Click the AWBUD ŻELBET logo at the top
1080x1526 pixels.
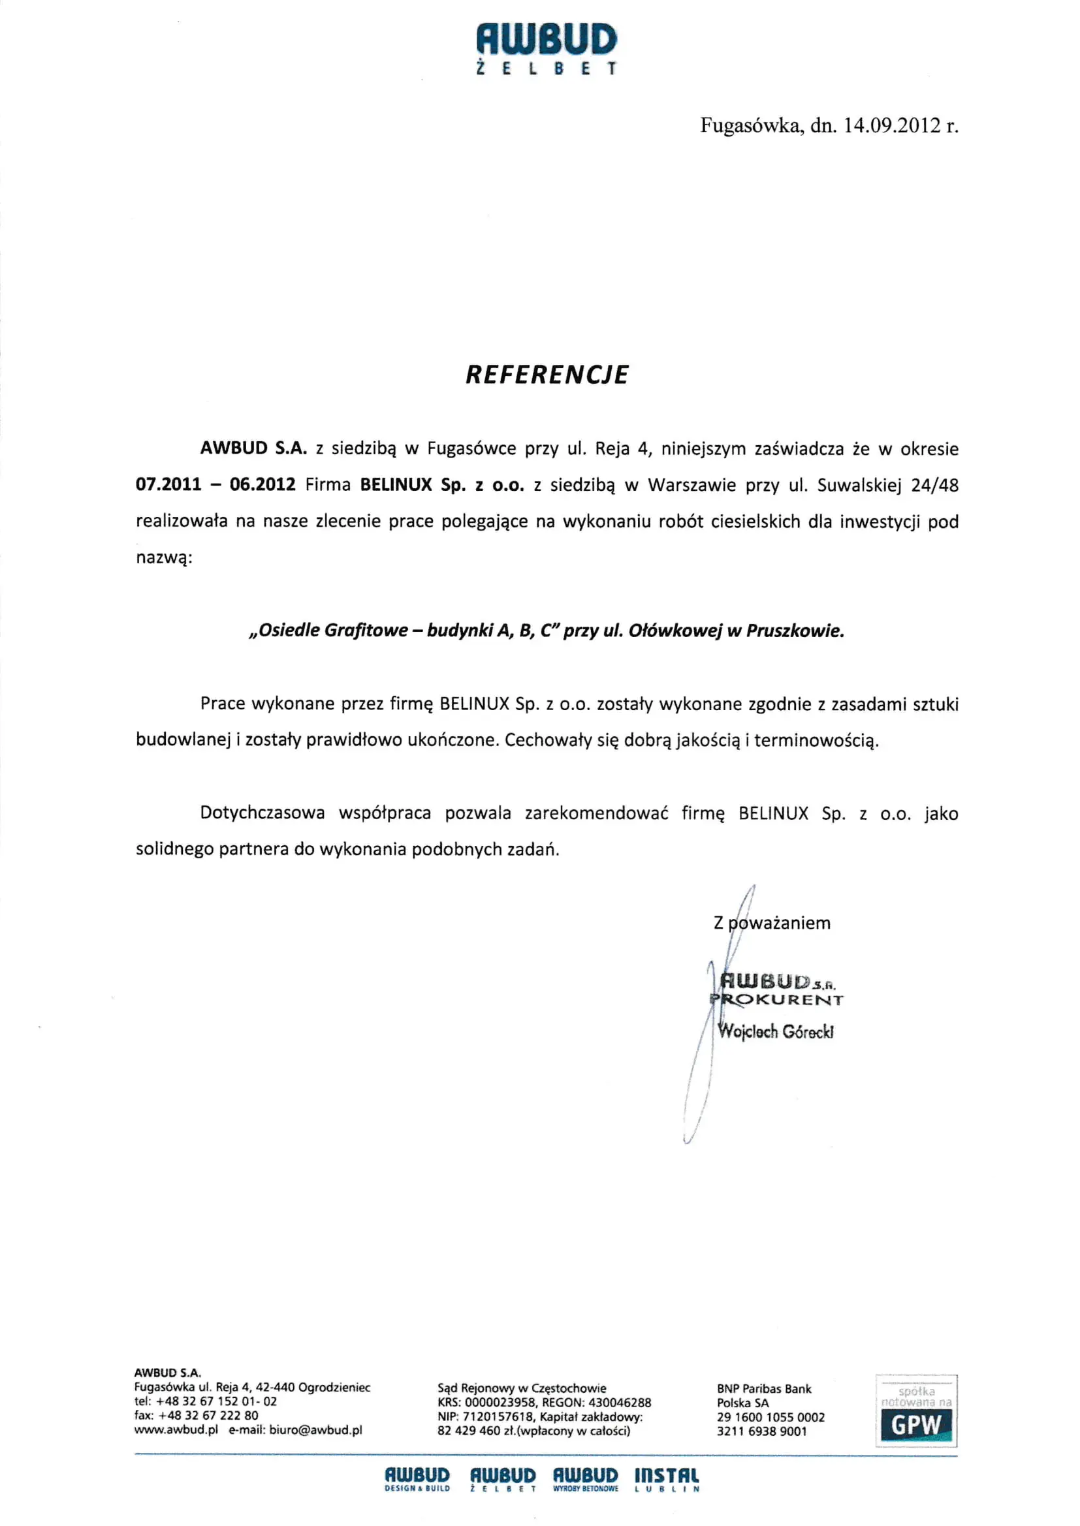547,48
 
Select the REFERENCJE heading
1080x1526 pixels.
547,375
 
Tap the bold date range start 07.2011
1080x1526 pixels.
168,484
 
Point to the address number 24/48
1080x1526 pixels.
934,485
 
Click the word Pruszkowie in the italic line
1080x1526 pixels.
795,631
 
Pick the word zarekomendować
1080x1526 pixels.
596,813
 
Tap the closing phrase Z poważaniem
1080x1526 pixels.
771,922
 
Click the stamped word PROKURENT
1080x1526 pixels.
777,1000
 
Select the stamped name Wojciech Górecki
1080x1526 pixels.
776,1031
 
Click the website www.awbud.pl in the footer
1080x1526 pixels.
176,1430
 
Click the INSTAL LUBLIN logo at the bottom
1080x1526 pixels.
667,1480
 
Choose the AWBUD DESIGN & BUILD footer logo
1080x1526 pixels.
417,1480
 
